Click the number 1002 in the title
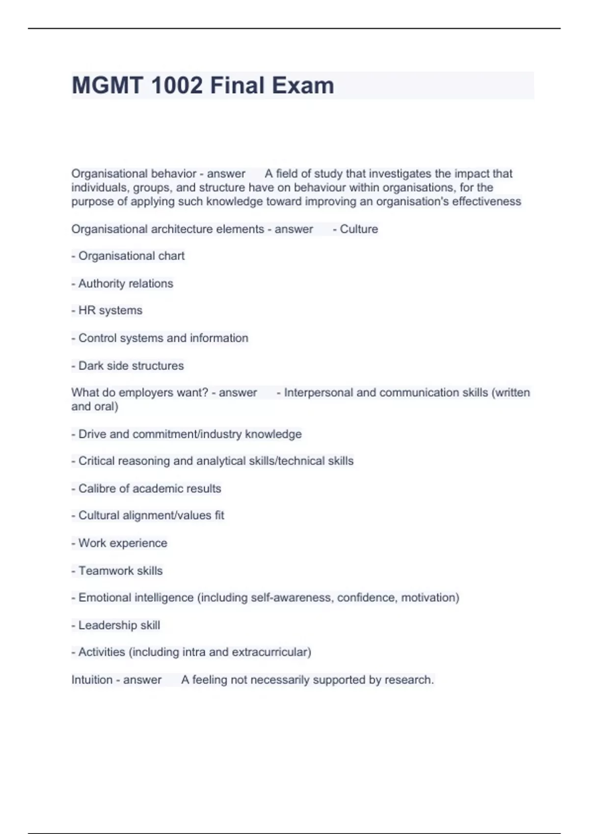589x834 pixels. point(176,85)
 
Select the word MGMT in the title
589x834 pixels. point(108,85)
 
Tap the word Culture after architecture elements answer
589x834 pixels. point(359,229)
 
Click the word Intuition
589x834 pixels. point(92,680)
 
